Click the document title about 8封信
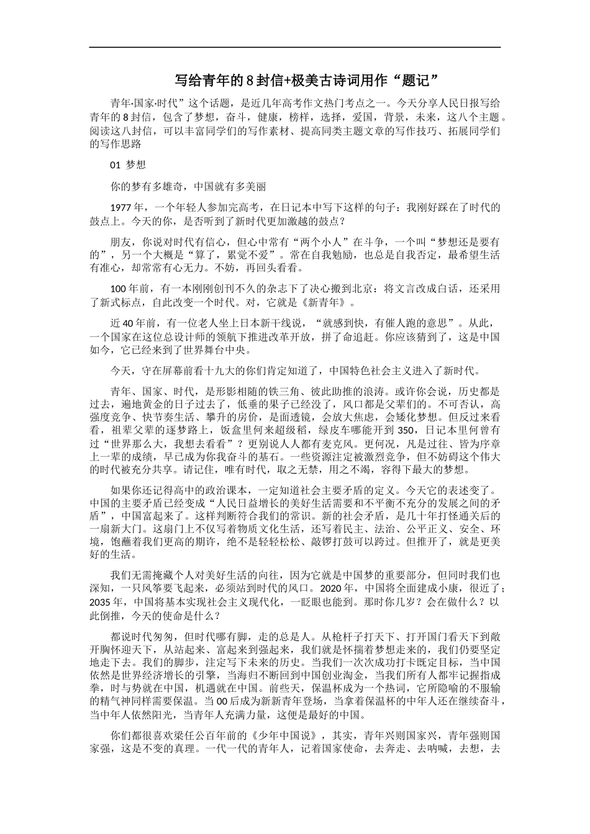[x=307, y=81]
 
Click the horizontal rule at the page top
[x=295, y=47]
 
